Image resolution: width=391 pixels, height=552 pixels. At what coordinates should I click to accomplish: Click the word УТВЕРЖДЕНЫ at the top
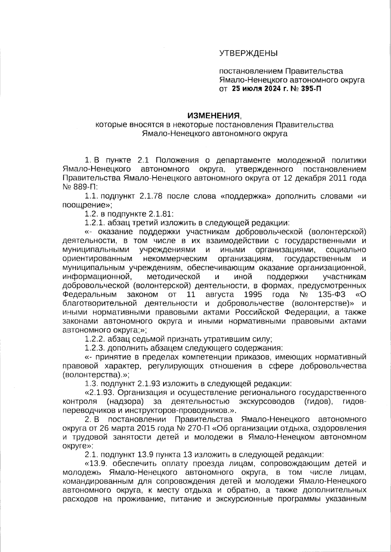pos(248,53)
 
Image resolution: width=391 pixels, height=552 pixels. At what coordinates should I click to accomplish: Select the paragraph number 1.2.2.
pos(94,339)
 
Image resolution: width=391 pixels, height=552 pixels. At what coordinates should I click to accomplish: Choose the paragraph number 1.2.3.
pos(94,348)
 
